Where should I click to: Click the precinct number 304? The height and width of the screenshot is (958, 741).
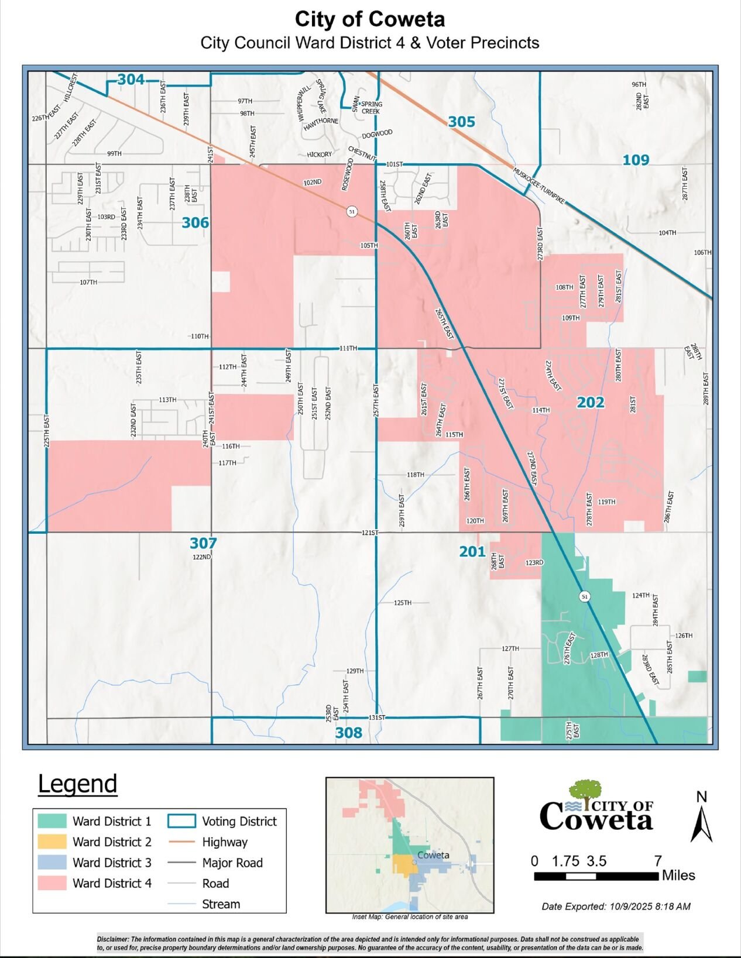pos(131,80)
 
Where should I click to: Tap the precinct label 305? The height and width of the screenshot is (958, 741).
pos(461,122)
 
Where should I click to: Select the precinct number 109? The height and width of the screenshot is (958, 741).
pos(636,160)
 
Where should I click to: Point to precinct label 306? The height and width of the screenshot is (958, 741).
pos(195,223)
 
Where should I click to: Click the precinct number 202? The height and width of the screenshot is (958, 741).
pos(590,403)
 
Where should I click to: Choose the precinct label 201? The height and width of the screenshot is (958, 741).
pos(472,551)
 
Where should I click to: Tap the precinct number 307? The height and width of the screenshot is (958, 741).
pos(203,543)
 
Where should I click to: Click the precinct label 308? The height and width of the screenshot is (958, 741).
pos(348,733)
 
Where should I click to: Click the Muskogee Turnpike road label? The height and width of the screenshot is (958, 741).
pos(539,186)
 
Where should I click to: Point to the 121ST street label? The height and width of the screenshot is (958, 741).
pos(370,533)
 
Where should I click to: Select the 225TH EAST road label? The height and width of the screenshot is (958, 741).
pos(47,432)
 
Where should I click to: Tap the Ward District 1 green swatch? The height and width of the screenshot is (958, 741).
pos(52,821)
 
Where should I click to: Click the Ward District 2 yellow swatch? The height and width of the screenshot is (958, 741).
pos(52,842)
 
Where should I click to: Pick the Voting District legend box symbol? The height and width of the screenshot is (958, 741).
pos(181,821)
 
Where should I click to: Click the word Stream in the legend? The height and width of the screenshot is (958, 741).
pos(221,904)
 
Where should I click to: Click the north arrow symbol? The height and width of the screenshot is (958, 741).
pos(701,822)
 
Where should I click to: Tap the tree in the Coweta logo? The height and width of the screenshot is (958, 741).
pos(586,789)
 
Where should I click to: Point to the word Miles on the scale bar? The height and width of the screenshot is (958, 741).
pos(678,875)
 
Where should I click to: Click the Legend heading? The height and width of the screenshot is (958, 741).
pos(77,784)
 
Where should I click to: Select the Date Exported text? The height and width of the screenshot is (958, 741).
pos(616,907)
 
